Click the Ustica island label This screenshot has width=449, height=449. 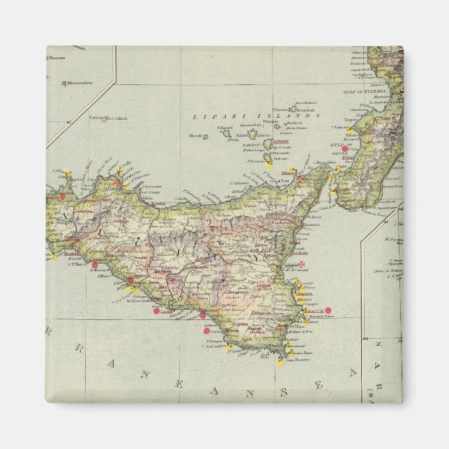tap(96, 119)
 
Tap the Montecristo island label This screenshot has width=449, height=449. tap(80, 84)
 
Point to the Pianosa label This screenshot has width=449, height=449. tap(58, 59)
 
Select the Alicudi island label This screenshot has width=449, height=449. tap(195, 136)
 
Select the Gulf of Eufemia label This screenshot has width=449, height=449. tap(360, 91)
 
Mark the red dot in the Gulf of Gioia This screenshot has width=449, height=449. tap(344, 149)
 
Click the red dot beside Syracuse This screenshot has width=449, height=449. tap(328, 310)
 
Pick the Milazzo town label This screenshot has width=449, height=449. tap(287, 172)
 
